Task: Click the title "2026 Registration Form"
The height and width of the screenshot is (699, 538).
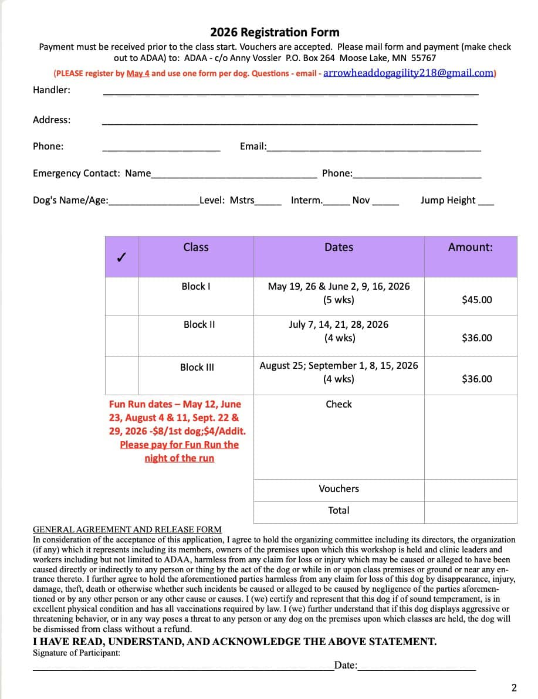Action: tap(275, 32)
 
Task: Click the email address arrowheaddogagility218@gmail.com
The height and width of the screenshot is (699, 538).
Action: tap(409, 73)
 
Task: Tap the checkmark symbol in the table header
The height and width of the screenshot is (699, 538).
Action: tap(121, 257)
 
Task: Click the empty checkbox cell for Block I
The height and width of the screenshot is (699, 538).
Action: tap(122, 296)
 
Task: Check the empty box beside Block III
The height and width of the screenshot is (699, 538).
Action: tap(122, 375)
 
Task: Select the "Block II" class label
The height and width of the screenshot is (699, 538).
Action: tap(199, 324)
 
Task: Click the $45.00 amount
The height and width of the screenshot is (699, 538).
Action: tap(477, 300)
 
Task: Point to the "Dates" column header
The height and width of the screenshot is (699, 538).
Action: tap(339, 247)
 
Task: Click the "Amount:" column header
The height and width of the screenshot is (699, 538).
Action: tap(470, 247)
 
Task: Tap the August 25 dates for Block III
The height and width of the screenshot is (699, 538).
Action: tap(339, 365)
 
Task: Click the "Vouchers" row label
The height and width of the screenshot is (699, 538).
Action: tap(339, 488)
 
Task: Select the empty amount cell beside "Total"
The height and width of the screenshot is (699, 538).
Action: tap(471, 511)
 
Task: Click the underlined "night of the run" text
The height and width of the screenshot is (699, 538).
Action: tap(179, 458)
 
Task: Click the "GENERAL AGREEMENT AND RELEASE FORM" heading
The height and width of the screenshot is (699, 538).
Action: tap(127, 529)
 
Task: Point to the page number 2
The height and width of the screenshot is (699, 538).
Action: tap(514, 687)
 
